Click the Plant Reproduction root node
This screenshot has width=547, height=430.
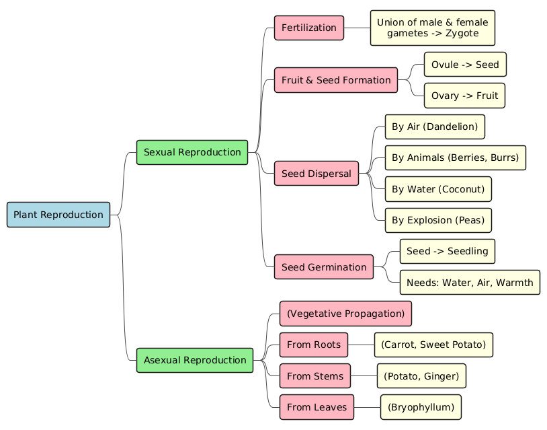[x=58, y=215]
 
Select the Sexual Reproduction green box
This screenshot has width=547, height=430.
[x=192, y=152]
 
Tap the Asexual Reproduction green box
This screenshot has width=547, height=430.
[x=195, y=360]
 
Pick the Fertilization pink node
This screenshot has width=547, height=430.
[x=309, y=28]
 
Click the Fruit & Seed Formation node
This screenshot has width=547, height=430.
[x=336, y=80]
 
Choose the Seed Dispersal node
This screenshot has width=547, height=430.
[x=316, y=174]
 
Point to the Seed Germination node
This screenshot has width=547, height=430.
[x=324, y=267]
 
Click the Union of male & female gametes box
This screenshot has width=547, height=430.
[x=432, y=28]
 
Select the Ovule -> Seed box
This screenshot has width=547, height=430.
[x=465, y=65]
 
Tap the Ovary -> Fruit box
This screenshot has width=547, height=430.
[x=464, y=96]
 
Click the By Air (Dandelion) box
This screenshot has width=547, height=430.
[x=434, y=127]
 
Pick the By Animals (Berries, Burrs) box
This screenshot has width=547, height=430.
[x=455, y=157]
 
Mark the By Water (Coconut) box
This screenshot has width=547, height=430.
[x=437, y=189]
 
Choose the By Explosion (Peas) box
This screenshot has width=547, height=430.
[x=437, y=220]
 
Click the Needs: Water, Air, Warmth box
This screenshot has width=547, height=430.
[x=470, y=282]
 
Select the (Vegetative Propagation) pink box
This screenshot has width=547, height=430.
[x=345, y=314]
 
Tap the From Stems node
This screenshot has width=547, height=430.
[x=315, y=375]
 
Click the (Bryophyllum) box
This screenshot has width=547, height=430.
[x=421, y=407]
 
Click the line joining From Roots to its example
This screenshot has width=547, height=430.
[x=361, y=345]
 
